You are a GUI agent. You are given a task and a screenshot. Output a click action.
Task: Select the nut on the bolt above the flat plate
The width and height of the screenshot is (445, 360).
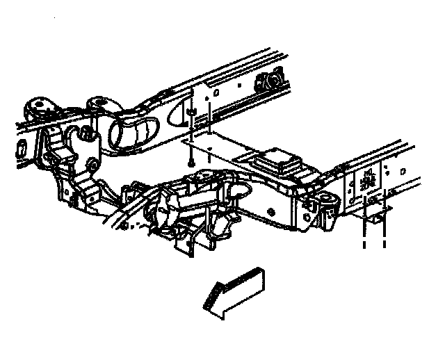(190, 111)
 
